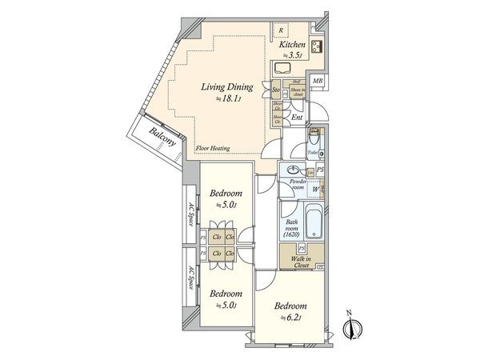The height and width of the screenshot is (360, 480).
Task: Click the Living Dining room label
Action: (226, 86)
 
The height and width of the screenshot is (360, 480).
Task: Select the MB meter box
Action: (318, 82)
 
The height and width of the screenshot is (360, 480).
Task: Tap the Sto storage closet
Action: (276, 92)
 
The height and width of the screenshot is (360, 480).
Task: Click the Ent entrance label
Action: (296, 117)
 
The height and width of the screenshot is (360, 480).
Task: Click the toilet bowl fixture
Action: (314, 136)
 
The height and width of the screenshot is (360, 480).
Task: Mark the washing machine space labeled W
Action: (315, 190)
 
